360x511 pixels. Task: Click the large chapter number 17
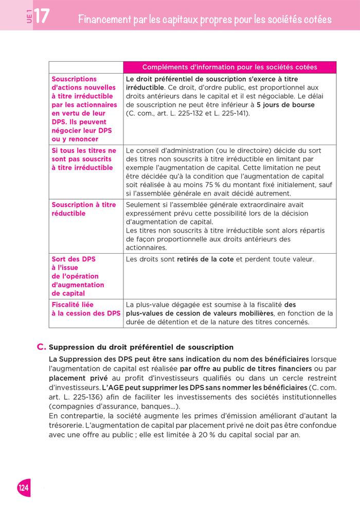coord(42,16)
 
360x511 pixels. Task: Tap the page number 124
coord(24,488)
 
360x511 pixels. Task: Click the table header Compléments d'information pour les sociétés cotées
coord(229,67)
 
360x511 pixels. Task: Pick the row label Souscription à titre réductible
coord(84,209)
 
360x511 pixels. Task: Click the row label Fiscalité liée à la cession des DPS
coord(86,309)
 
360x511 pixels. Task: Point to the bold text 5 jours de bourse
coord(285,105)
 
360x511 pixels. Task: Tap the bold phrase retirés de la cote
coord(205,259)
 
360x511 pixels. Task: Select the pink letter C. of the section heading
coord(42,347)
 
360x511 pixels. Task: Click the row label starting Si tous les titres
coord(84,159)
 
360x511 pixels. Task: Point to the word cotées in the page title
coord(315,20)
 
